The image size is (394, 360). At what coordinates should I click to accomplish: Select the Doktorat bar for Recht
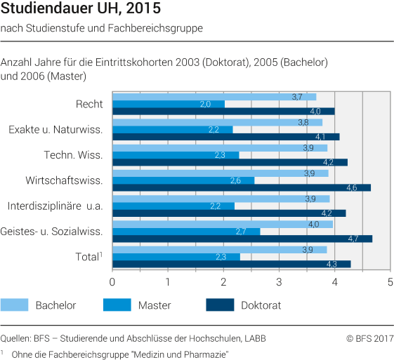[223, 112]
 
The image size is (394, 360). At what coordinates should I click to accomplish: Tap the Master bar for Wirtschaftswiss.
[183, 180]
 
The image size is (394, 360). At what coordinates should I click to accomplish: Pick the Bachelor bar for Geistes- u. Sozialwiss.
[223, 224]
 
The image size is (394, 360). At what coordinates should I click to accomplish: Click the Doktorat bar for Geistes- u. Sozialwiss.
[242, 239]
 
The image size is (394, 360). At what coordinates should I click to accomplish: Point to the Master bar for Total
[176, 257]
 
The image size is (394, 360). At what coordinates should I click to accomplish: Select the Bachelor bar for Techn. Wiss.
[220, 147]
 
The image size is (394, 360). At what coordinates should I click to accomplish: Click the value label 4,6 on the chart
[351, 188]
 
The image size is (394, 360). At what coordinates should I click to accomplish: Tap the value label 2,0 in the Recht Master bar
[205, 104]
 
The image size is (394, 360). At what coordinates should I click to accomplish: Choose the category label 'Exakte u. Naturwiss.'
[55, 129]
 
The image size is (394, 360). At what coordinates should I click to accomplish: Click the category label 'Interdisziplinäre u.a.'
[55, 206]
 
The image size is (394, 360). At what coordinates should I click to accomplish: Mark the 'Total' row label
[87, 257]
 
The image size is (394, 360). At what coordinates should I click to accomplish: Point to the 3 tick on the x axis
[279, 282]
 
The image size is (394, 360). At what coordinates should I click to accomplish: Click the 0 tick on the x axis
[112, 282]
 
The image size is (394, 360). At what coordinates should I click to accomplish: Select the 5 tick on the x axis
[390, 282]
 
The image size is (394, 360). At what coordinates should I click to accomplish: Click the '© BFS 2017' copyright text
[369, 338]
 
